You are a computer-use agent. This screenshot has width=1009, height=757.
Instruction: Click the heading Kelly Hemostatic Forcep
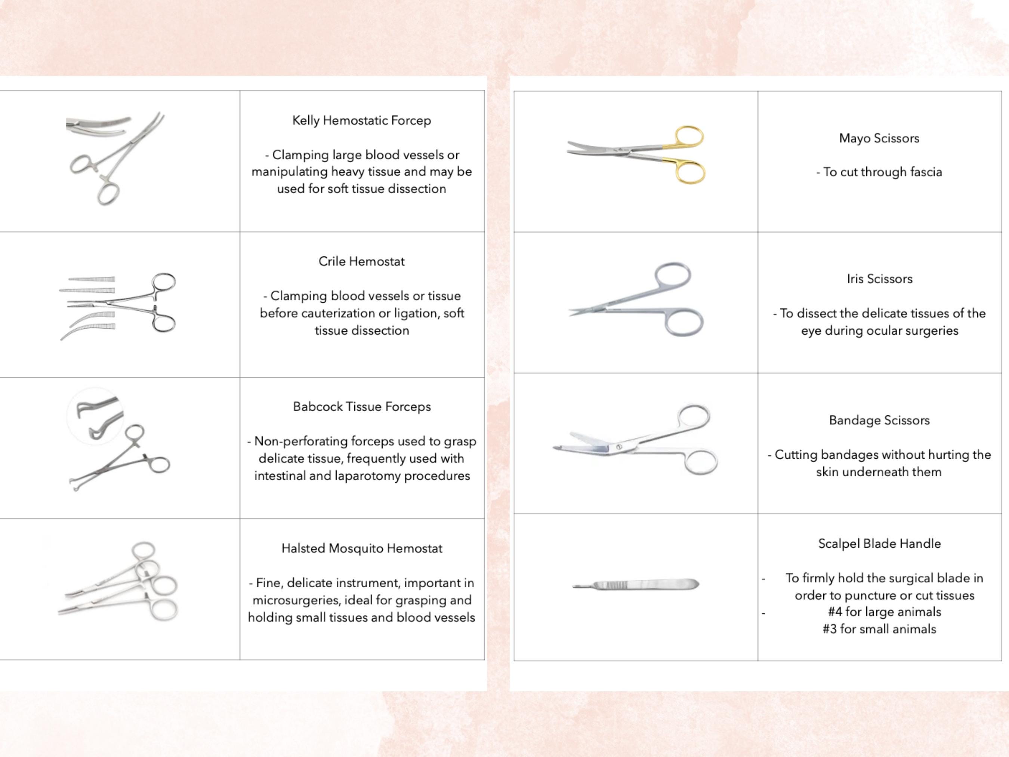(361, 120)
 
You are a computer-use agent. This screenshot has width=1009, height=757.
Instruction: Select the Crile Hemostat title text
(361, 261)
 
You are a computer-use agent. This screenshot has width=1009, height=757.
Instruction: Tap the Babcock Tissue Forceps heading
(362, 407)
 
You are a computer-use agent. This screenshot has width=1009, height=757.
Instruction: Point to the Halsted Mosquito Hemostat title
(362, 548)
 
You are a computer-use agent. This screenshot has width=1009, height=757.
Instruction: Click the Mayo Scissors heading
(879, 138)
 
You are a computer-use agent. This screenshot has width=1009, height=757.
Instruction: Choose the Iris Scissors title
(879, 279)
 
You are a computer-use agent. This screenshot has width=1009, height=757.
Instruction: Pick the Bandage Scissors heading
(879, 420)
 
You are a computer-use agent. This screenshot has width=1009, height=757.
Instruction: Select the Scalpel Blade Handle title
(879, 544)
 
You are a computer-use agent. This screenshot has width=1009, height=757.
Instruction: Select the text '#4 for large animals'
(885, 612)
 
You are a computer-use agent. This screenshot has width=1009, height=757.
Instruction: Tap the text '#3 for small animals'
(879, 629)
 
